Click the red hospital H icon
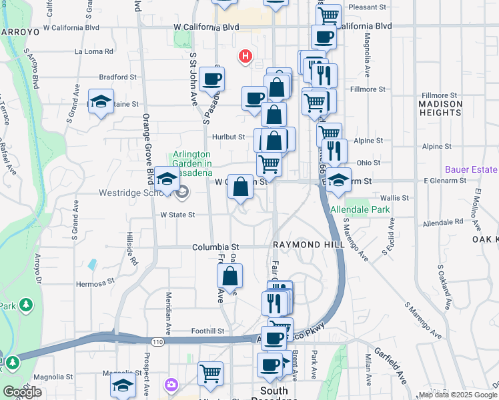click(245, 57)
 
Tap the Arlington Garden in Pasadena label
click(192, 159)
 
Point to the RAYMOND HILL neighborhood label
click(308, 245)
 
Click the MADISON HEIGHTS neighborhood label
click(440, 109)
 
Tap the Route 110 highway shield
click(157, 342)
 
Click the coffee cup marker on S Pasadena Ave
click(211, 79)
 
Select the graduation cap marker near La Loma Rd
click(101, 101)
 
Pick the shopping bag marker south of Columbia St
click(230, 275)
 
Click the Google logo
click(22, 392)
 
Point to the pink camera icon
click(171, 384)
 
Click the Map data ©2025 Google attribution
click(458, 395)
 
